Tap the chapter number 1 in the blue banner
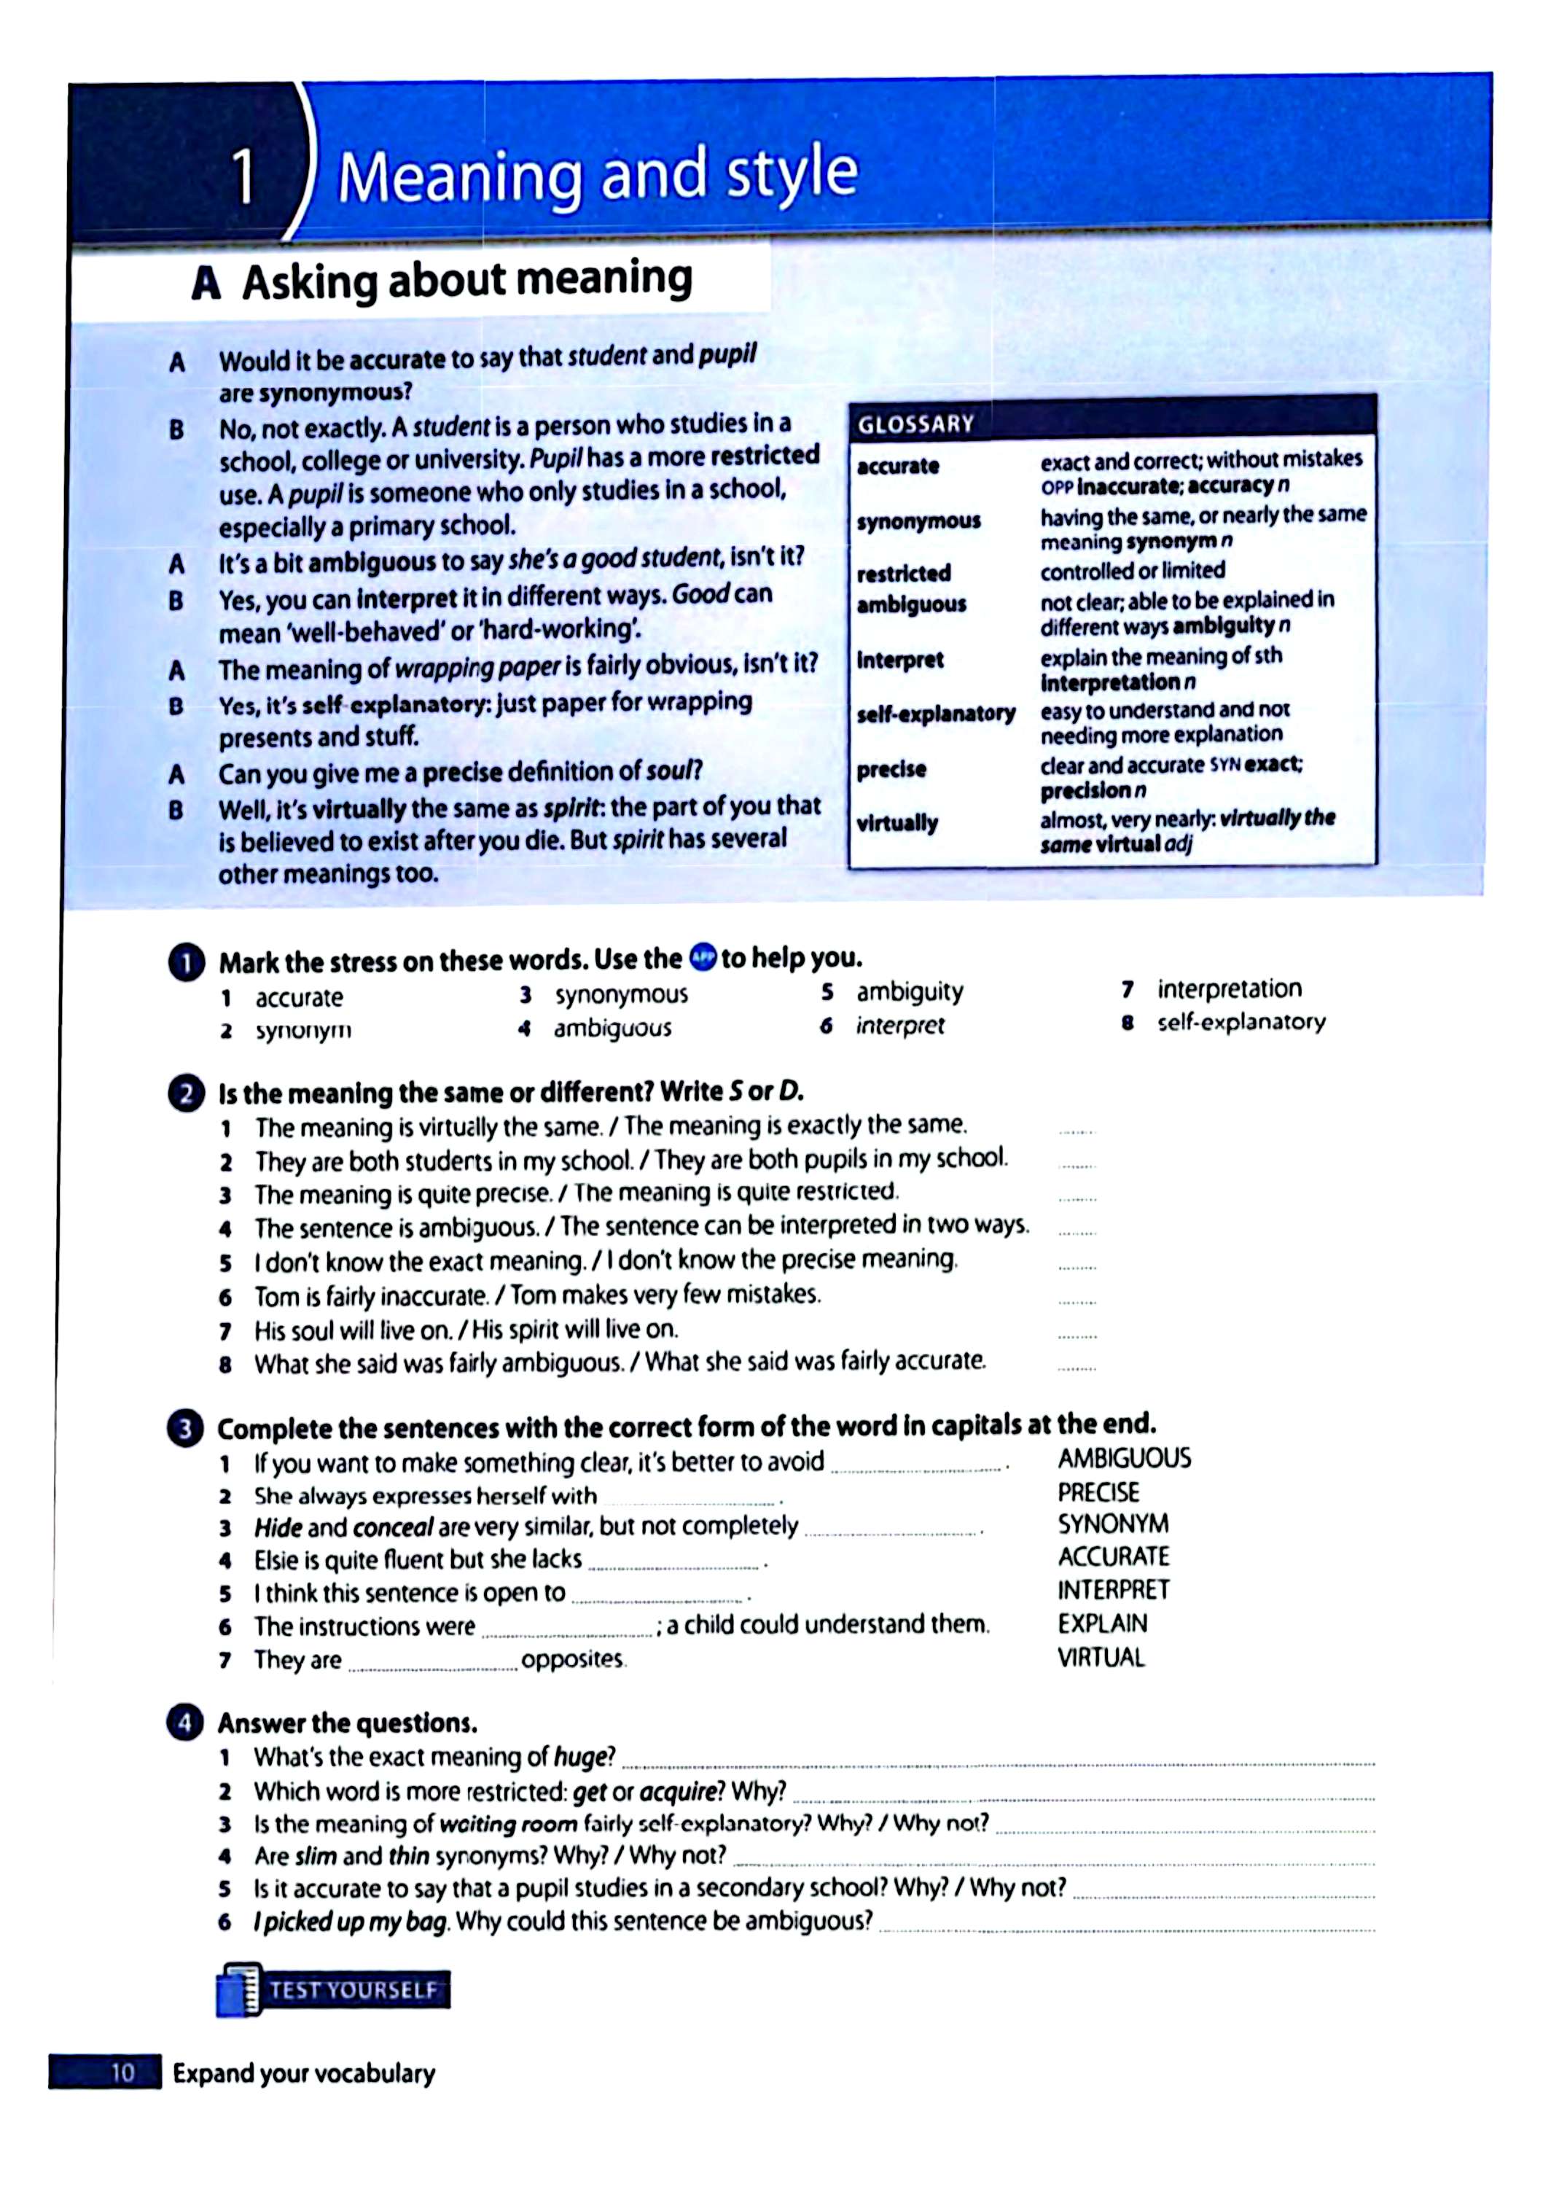click(244, 177)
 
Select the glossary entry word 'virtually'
click(897, 823)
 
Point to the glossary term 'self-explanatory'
click(935, 714)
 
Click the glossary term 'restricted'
click(903, 574)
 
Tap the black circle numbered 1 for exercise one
click(186, 963)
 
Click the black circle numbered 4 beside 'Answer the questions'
click(186, 1723)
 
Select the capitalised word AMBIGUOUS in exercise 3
click(1124, 1458)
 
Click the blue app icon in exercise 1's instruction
click(702, 957)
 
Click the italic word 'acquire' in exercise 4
click(678, 1790)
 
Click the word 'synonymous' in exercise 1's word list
click(621, 994)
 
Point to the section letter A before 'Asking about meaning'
click(205, 284)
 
